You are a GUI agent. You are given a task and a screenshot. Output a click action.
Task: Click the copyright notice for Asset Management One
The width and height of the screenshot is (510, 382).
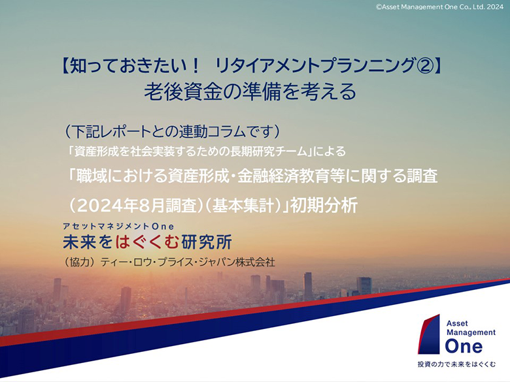click(x=440, y=7)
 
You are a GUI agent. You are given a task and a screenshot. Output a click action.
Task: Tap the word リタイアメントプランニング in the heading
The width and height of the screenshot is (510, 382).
click(x=314, y=65)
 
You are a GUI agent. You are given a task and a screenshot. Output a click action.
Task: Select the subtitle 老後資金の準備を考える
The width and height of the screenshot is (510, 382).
click(x=250, y=91)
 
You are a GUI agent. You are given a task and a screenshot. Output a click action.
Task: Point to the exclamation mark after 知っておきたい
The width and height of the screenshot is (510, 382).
click(x=195, y=65)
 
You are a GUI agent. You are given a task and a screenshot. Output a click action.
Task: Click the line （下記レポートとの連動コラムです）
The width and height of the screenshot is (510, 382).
click(x=173, y=131)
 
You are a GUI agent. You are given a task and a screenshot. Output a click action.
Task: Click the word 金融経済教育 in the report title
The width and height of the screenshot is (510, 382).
click(x=282, y=176)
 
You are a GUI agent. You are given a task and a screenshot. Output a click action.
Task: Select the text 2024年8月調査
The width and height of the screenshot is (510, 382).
click(x=138, y=205)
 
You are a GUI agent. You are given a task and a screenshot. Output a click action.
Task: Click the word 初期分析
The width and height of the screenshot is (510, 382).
click(x=324, y=205)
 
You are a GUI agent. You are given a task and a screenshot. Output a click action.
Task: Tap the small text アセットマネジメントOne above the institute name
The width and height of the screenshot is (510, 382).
click(x=118, y=227)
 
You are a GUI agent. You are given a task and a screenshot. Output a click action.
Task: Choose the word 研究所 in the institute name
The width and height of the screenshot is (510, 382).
click(x=207, y=242)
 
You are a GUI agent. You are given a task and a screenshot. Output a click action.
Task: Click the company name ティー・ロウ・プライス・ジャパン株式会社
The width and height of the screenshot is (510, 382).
click(x=188, y=262)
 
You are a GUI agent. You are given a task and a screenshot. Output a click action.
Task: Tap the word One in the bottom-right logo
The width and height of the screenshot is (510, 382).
click(x=464, y=346)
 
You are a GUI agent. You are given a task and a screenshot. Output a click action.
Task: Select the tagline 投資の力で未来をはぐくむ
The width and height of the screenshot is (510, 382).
click(x=456, y=364)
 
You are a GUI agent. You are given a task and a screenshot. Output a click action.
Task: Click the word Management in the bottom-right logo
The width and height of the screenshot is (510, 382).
click(x=471, y=333)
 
